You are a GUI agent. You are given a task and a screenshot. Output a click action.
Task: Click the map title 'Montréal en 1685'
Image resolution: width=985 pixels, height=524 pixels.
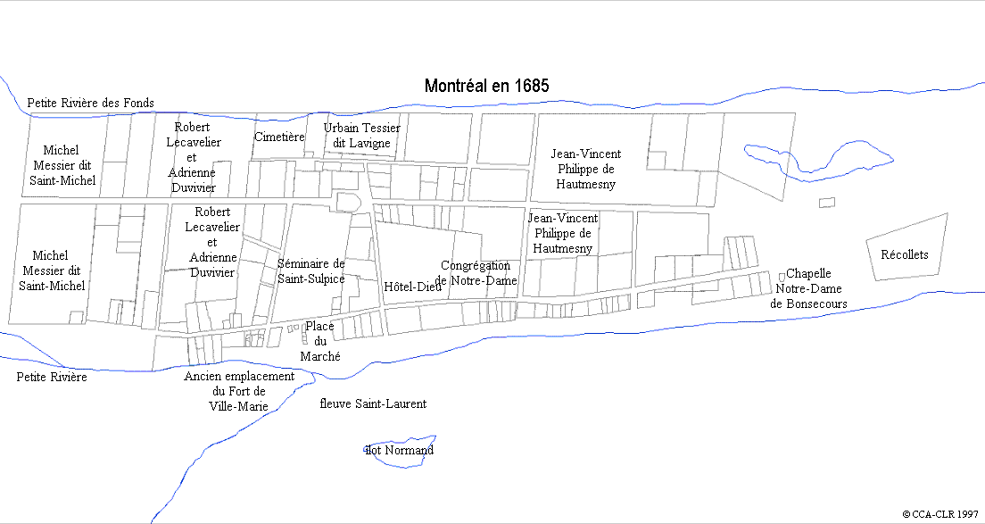(x=486, y=86)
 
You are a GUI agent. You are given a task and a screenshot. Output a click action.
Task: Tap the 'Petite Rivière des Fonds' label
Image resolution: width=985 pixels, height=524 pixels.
(x=90, y=103)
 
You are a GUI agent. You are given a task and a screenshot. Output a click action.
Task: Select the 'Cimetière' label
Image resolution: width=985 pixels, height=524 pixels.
(x=279, y=137)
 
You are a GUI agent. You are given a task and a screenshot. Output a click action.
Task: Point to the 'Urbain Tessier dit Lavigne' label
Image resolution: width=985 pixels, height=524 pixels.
(x=361, y=135)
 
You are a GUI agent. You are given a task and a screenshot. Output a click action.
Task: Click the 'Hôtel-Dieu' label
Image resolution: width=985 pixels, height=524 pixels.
(x=412, y=287)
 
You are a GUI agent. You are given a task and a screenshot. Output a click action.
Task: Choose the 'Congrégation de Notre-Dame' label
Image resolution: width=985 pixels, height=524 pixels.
(x=476, y=272)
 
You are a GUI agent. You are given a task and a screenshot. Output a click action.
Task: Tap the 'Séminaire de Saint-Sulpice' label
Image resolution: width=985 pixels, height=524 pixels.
(x=310, y=271)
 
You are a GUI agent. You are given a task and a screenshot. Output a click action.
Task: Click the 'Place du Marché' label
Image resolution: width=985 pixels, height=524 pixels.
(x=319, y=341)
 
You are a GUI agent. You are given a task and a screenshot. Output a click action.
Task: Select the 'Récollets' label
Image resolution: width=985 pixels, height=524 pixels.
(x=904, y=254)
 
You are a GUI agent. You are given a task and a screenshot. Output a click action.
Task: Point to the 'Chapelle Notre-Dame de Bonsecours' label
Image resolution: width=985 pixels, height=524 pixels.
(x=808, y=288)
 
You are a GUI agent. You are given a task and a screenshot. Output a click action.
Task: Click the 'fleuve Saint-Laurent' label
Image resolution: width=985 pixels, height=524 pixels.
(x=373, y=403)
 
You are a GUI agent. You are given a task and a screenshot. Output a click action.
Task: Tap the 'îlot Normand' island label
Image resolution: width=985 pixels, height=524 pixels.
(x=399, y=450)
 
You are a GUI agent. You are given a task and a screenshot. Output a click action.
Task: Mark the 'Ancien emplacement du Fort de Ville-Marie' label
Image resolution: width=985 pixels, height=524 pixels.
(x=239, y=390)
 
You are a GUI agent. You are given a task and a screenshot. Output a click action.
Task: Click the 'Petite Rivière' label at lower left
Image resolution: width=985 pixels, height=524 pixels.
(x=52, y=377)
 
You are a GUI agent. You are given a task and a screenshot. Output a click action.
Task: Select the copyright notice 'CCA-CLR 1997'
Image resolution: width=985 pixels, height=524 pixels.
(x=941, y=514)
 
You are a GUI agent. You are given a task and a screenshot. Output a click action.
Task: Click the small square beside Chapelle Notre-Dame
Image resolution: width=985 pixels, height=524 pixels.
(x=782, y=276)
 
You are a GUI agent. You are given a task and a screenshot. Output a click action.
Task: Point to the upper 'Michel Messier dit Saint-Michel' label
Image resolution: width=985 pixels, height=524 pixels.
(x=62, y=165)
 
